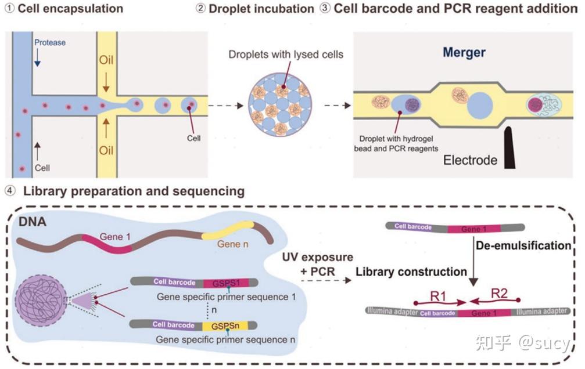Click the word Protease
(50, 42)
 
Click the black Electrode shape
(511, 146)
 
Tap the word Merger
(464, 52)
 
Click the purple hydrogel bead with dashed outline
(44, 301)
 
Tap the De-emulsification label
(523, 245)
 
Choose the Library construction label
(411, 272)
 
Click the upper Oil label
(106, 61)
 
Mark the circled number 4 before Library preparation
(9, 190)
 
